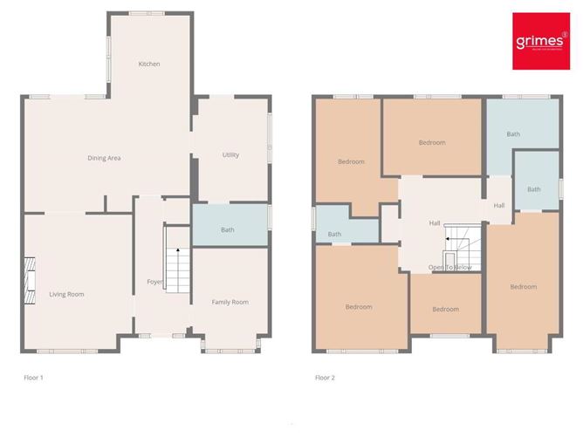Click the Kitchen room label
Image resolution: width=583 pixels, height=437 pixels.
pos(149,64)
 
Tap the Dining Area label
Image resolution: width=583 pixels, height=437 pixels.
pos(104,158)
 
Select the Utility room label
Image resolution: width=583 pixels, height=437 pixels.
pos(230,155)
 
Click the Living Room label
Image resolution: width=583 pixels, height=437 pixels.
pos(66,295)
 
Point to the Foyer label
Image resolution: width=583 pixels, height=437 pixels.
pos(154,282)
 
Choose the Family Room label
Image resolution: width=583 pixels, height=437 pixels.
pos(230,302)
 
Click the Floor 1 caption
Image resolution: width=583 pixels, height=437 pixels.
pos(33,378)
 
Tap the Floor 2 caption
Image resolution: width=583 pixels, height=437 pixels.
pos(325,378)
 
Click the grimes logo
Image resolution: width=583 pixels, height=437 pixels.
pos(536,42)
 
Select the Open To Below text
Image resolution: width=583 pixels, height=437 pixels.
pos(449,267)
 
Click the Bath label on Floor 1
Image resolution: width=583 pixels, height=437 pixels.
pos(227,230)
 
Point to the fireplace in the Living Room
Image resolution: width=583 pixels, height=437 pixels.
pos(29,282)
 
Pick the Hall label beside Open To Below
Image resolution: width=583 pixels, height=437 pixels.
pos(435,223)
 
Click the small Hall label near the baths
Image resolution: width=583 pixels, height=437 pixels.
pos(499,206)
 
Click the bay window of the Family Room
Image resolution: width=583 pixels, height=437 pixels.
pos(230,348)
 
